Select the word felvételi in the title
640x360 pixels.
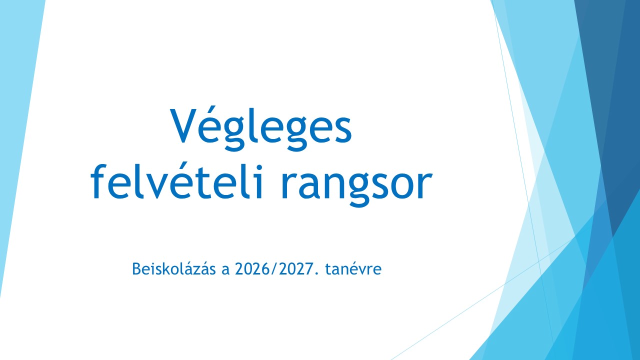pos(177,181)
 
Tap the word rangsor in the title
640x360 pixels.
pos(356,185)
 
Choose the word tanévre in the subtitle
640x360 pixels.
pos(353,268)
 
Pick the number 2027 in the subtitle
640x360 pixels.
pos(295,269)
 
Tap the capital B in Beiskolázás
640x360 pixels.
pos(136,269)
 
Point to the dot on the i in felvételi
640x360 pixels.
pos(259,167)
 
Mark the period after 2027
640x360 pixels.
pos(316,273)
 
